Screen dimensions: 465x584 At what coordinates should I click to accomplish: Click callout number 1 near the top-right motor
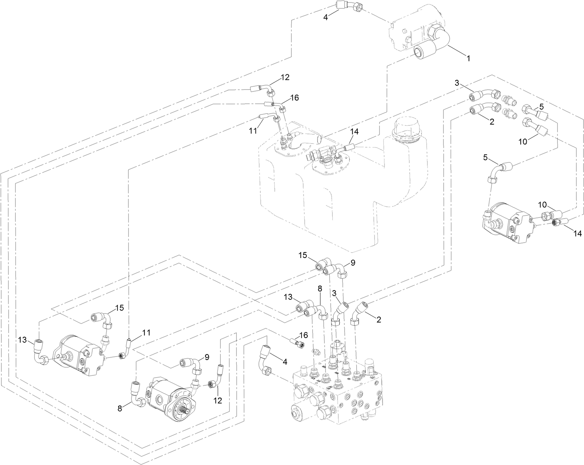tap(468, 58)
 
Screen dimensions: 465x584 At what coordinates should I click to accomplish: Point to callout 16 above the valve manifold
tap(303, 335)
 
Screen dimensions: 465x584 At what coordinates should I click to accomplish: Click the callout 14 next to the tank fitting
tap(354, 131)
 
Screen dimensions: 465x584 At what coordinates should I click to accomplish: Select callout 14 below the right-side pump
tap(578, 233)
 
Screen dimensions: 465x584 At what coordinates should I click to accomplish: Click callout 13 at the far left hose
tap(22, 340)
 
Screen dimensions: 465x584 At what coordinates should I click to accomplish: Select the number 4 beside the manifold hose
tap(284, 363)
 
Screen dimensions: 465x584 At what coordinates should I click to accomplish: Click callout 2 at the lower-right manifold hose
tap(379, 319)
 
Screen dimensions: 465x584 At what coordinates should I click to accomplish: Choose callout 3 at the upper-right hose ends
tap(457, 84)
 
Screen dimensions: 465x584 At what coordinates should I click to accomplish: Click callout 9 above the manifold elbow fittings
tap(353, 262)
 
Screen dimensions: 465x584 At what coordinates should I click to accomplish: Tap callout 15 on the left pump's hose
tap(119, 308)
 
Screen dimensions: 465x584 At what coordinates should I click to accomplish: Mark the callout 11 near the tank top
tap(252, 131)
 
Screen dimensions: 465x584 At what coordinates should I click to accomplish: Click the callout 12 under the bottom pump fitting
tap(218, 400)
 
